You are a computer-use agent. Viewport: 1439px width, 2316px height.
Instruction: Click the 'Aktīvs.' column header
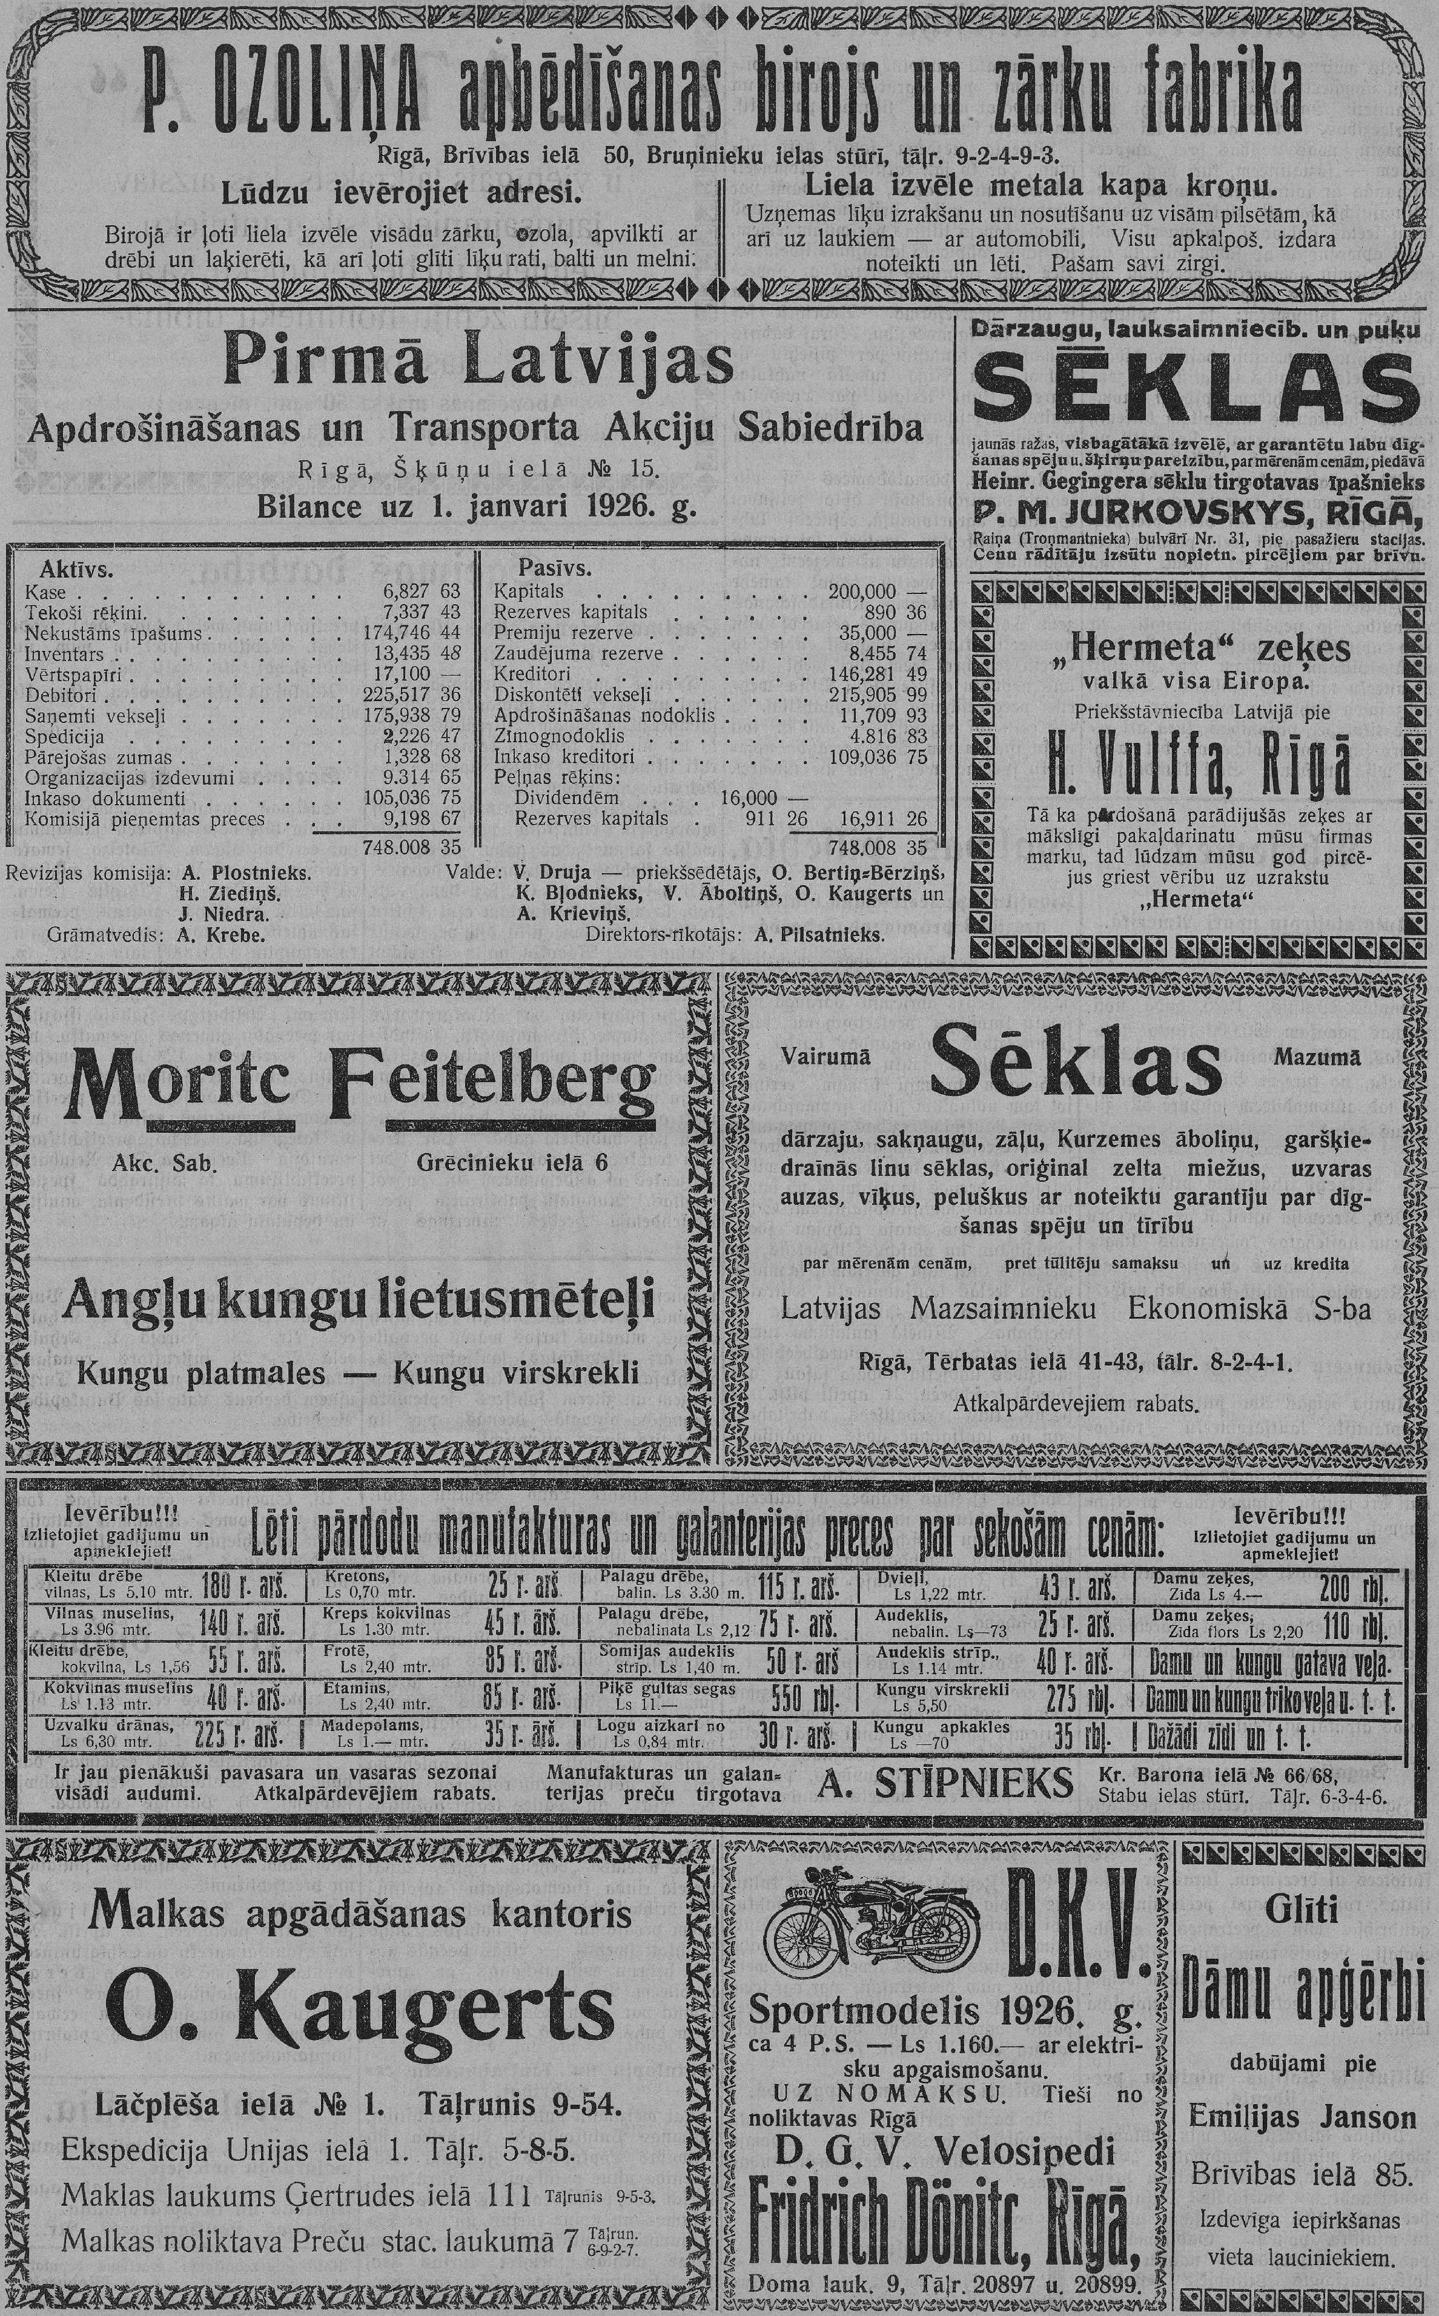76,570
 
